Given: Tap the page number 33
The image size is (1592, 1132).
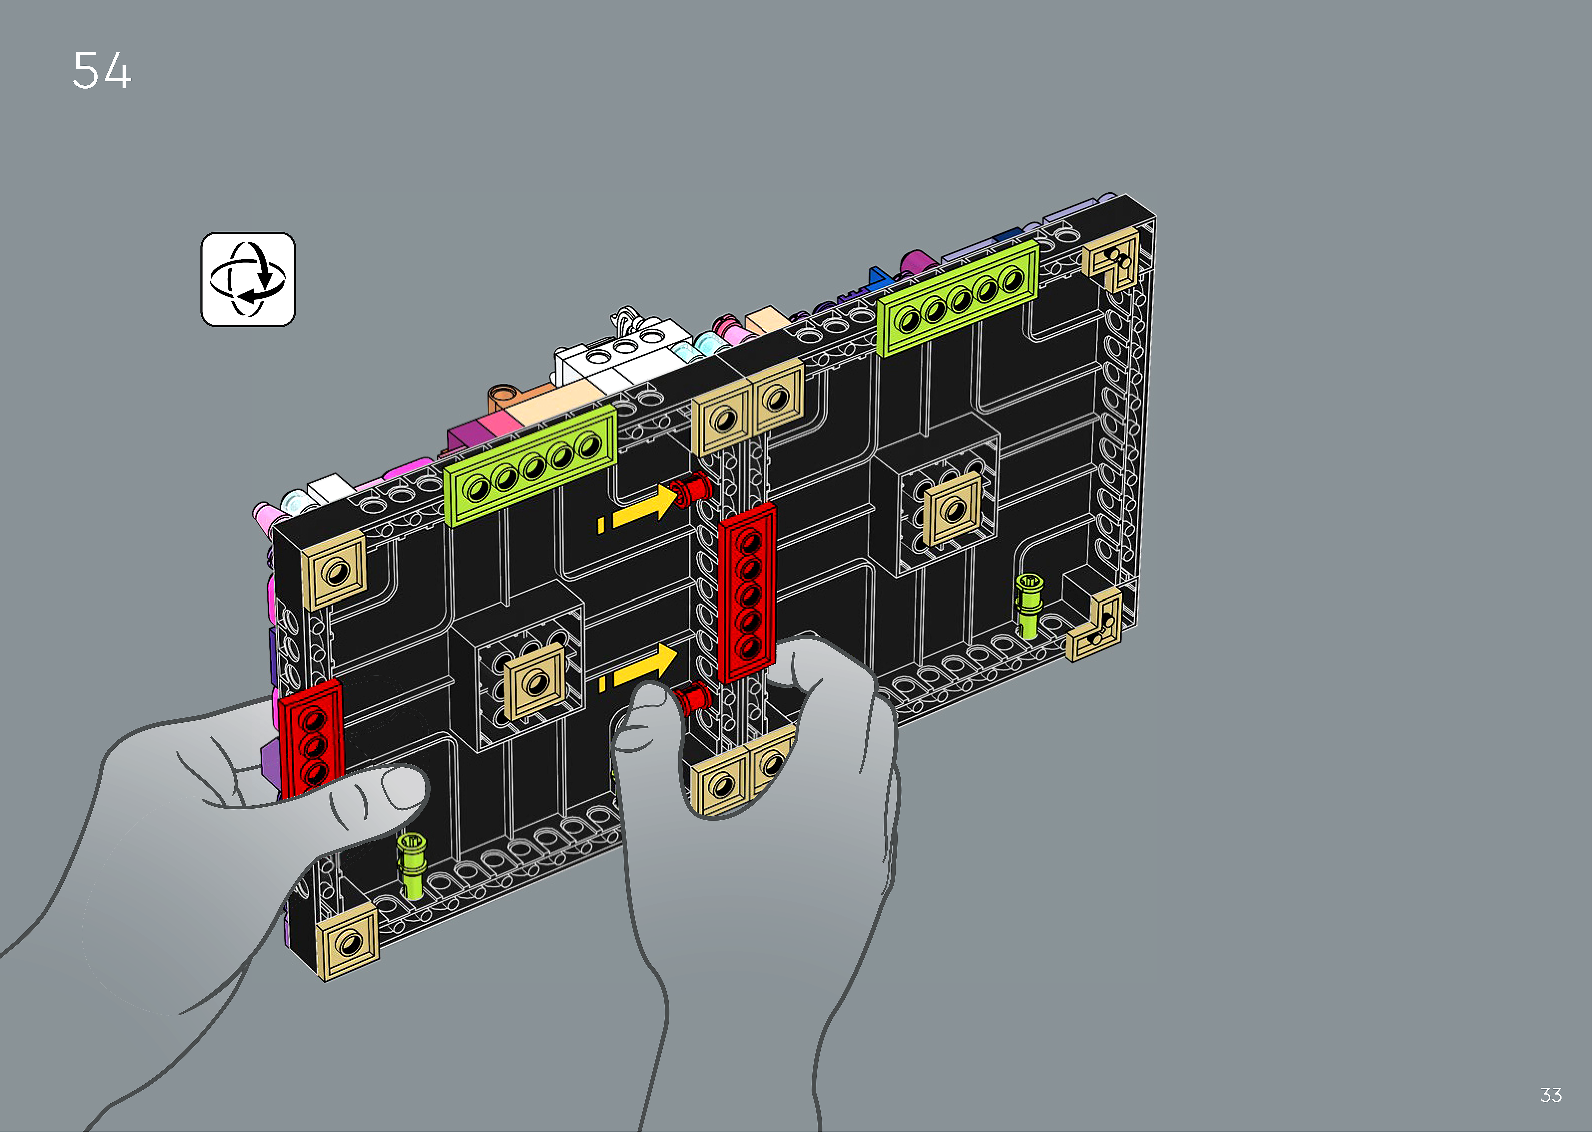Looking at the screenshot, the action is pos(1551,1095).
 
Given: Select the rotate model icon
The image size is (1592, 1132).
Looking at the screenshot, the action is pos(248,280).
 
